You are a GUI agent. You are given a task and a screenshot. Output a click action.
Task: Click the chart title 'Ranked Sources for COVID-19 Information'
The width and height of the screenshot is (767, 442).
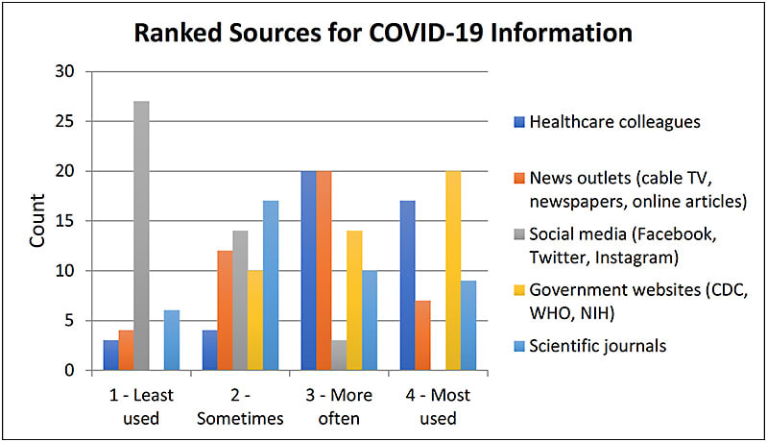(383, 32)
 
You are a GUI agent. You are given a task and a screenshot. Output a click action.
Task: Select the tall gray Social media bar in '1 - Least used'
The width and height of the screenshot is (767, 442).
(141, 235)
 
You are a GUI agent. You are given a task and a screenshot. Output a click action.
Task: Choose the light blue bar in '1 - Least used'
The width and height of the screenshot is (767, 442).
(171, 340)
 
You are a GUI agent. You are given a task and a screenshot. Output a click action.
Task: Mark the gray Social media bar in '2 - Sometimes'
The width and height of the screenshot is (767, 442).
(241, 301)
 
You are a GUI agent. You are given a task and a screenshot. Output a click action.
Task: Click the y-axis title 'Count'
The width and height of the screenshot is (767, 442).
(38, 222)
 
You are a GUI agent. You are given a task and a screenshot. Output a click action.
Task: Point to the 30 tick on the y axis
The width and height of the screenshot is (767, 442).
(65, 71)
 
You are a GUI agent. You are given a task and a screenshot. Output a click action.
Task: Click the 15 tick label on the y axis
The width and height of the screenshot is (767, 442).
(65, 221)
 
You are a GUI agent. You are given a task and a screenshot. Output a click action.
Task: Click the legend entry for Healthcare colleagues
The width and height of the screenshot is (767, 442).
(601, 121)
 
